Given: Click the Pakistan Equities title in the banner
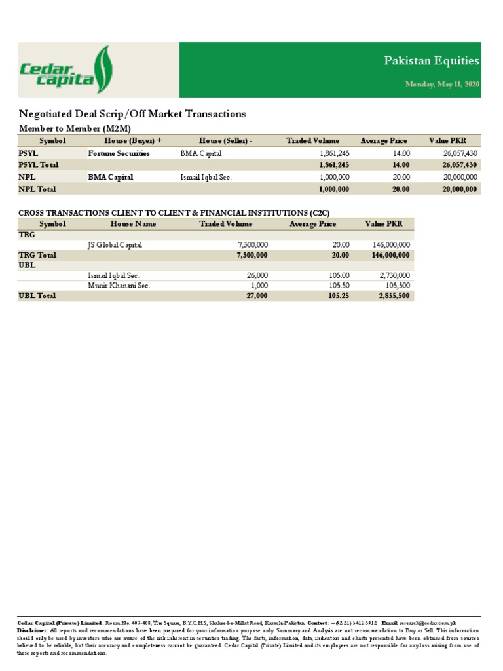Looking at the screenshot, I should click(431, 61).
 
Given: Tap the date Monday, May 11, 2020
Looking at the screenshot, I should click(442, 85).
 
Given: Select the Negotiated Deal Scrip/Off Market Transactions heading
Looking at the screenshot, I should click(132, 114).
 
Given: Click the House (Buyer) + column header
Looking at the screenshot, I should click(132, 141).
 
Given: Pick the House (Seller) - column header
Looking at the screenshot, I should click(225, 141).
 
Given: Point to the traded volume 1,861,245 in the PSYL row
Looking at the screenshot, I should click(334, 153).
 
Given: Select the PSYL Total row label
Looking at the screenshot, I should click(38, 165).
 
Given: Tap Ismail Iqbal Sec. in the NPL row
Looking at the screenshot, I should click(206, 177).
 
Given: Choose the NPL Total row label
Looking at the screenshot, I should click(37, 189).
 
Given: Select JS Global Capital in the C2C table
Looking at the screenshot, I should click(115, 245).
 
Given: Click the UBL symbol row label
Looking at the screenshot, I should click(27, 265).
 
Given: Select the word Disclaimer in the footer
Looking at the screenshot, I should click(32, 630).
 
